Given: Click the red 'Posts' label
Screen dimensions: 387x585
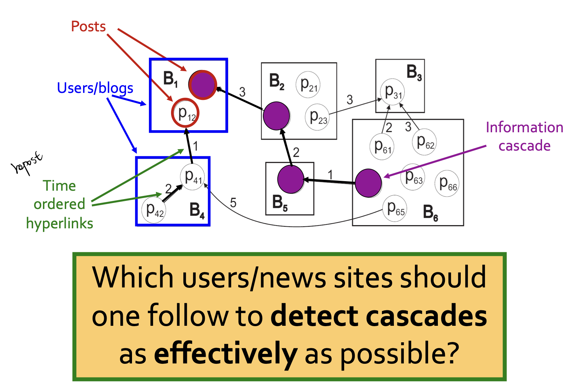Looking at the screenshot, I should click(88, 27).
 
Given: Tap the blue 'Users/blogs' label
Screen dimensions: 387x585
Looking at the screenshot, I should click(95, 88).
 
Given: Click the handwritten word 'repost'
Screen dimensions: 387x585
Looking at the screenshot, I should click(27, 164).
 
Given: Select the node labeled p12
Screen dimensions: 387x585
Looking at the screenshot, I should click(185, 113).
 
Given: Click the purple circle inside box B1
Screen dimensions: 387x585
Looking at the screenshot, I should click(202, 85).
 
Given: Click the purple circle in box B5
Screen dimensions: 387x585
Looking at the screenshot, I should click(290, 180).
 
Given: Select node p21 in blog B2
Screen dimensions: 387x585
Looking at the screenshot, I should click(308, 84).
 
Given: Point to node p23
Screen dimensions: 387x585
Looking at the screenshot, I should click(317, 117).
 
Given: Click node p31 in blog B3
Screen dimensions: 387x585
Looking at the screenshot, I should click(392, 92).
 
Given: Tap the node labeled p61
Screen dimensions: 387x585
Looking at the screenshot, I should click(382, 147).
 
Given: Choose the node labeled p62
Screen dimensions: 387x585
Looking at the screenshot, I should click(424, 142).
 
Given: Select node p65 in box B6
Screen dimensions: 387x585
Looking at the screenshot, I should click(395, 208).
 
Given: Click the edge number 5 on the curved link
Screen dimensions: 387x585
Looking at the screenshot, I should click(233, 203).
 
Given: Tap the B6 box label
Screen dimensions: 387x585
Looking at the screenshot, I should click(430, 213).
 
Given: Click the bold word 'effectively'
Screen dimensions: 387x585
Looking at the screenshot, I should click(226, 354).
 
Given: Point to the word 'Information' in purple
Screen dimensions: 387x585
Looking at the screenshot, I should click(524, 127).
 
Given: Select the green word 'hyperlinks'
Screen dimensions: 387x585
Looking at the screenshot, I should click(60, 223).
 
